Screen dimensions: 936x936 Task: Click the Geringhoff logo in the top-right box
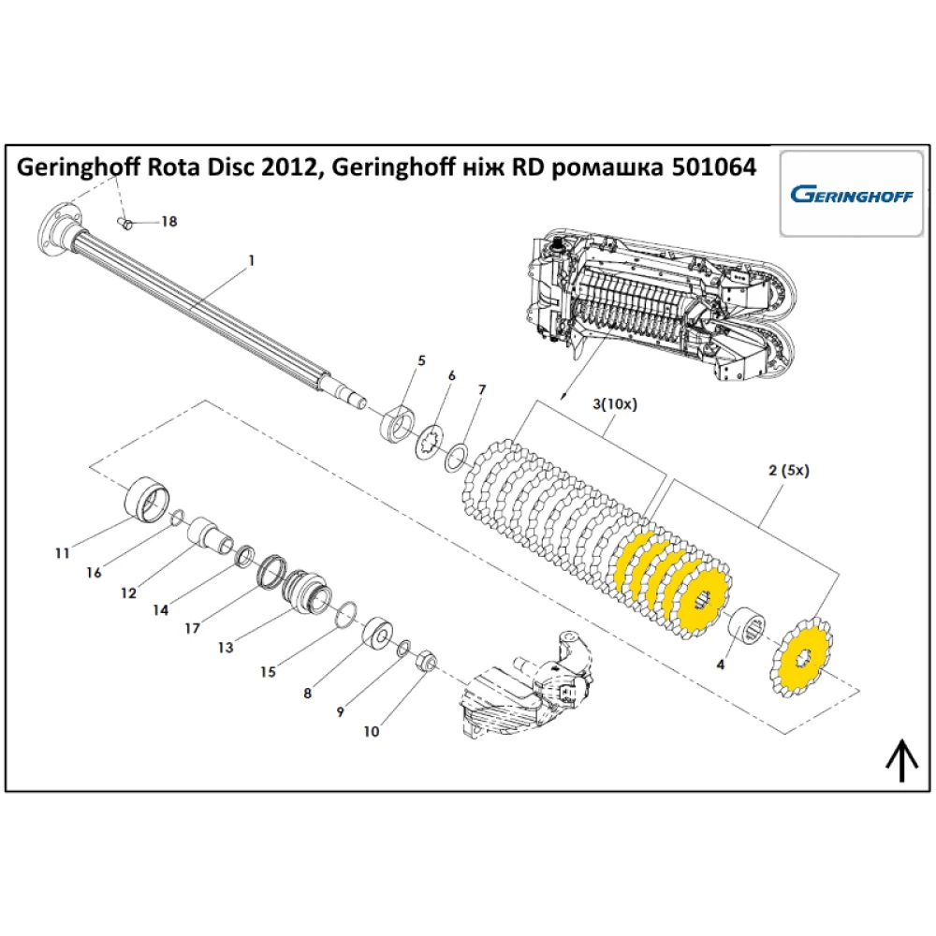pos(848,195)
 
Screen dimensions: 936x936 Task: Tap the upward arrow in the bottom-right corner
pos(900,759)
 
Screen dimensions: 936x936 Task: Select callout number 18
pos(168,222)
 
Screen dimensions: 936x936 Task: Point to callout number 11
pos(62,553)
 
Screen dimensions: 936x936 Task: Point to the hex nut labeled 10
pos(421,661)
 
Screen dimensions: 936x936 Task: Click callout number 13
pos(227,646)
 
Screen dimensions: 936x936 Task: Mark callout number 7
pos(482,388)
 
